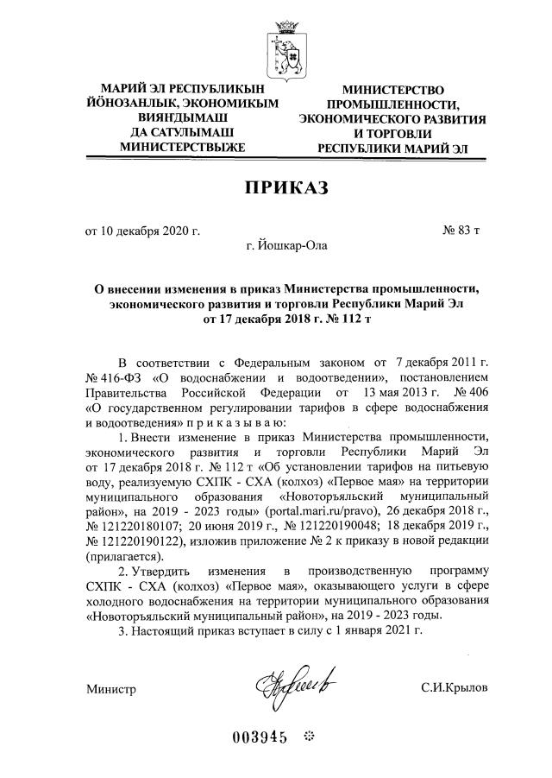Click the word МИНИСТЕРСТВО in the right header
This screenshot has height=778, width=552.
(x=392, y=91)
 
